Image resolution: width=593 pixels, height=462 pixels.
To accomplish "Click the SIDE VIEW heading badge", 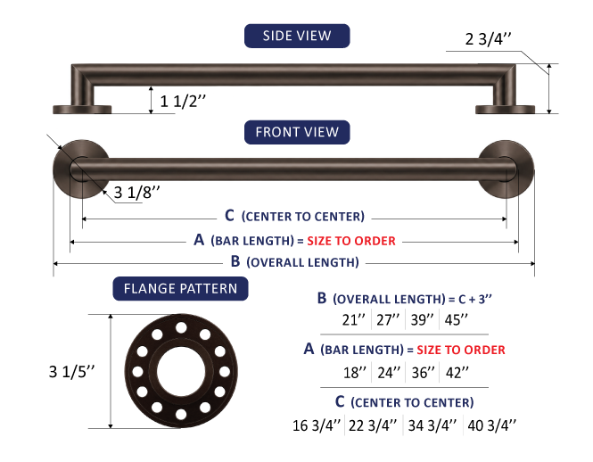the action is (297, 36).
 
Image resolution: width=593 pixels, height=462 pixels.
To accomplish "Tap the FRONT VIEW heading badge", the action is (297, 132).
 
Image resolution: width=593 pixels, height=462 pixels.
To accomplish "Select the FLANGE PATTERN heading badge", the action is (180, 289).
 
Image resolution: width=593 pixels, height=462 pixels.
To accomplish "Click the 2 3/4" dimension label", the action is (488, 38).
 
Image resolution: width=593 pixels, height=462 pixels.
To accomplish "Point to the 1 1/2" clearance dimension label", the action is (183, 101).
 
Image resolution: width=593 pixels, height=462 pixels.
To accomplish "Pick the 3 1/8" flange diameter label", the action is (137, 193).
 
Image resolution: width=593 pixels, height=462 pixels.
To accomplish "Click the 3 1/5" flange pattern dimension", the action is (71, 372).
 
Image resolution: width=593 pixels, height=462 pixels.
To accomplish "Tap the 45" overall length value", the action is (456, 319).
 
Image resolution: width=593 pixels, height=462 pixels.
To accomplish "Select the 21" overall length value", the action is (354, 319).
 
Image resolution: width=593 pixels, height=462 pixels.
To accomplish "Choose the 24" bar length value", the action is (389, 373).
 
